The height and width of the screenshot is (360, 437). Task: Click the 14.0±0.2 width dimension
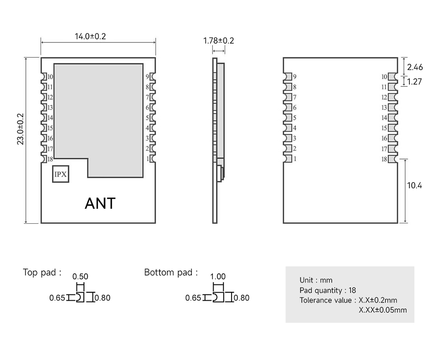pos(90,36)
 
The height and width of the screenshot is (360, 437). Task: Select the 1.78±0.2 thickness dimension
pos(218,41)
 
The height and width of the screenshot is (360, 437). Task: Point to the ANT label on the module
pos(100,203)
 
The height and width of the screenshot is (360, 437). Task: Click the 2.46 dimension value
pos(415,67)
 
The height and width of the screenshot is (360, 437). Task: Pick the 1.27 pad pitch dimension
pos(415,82)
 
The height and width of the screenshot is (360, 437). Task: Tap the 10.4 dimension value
pos(415,185)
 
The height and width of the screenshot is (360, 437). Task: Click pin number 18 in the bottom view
pos(384,159)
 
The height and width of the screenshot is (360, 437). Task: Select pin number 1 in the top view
pos(148,159)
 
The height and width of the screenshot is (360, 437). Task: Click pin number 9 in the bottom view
pos(295,77)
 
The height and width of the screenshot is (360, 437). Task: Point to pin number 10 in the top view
pos(50,77)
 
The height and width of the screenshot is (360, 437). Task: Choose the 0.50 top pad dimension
pos(80,277)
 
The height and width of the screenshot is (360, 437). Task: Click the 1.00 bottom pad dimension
pos(218,277)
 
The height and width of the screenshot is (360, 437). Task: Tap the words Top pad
pos(40,273)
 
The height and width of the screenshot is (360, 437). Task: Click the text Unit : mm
pos(316,280)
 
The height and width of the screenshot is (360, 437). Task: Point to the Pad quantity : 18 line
pos(328,291)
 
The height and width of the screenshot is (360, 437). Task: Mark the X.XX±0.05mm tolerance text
pos(383,310)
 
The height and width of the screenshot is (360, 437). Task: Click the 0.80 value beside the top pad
pos(103,298)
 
